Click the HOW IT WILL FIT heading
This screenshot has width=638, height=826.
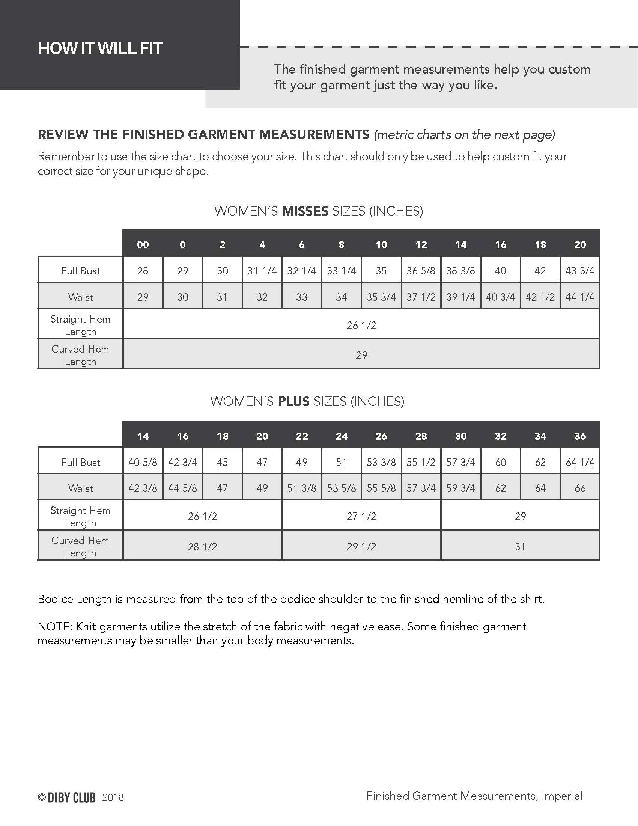coord(100,48)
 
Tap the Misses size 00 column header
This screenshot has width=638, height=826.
coord(143,245)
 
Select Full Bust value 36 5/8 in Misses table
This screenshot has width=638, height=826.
coord(421,271)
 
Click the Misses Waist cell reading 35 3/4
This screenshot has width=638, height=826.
coord(381,297)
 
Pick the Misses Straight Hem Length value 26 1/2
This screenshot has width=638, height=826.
coord(361,325)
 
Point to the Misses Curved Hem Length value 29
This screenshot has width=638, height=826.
coord(361,355)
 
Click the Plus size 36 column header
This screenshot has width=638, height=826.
coord(580,436)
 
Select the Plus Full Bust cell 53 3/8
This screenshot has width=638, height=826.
coord(381,462)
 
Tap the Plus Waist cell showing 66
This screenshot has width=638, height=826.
coord(580,488)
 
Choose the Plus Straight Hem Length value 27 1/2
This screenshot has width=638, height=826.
coord(361,516)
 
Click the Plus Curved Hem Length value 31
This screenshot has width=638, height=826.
coord(520,547)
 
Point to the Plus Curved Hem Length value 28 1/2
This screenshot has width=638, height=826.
coord(203,547)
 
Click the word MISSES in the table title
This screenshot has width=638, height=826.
coord(305,211)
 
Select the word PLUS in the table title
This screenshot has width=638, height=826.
coord(294,401)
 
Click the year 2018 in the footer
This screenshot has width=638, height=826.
coord(113,798)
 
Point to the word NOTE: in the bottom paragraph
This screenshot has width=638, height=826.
coord(55,627)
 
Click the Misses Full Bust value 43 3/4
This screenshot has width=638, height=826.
coord(580,271)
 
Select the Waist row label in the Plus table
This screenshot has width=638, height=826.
coord(81,488)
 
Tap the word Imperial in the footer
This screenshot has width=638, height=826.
coord(562,796)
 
